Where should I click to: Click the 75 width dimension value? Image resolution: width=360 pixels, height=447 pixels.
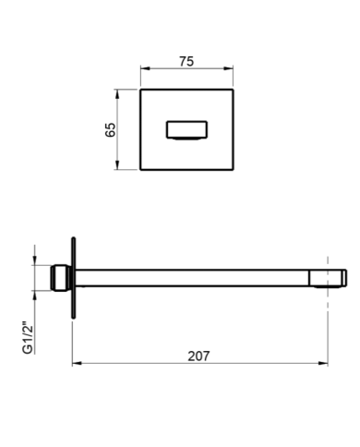[x=186, y=61]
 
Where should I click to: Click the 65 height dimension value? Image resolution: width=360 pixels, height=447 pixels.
[x=110, y=129]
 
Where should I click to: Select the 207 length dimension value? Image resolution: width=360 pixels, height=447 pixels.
[x=198, y=356]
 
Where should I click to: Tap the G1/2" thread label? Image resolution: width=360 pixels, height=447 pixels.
[x=28, y=338]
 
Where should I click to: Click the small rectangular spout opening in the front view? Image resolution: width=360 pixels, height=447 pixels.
[x=186, y=130]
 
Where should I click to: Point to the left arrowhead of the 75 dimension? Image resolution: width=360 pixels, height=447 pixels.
[x=145, y=68]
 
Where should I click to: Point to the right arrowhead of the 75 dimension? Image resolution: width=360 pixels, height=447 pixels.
[x=228, y=68]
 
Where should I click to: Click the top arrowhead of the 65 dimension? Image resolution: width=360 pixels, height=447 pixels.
[x=117, y=94]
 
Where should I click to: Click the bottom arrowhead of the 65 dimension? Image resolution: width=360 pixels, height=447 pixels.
[x=117, y=164]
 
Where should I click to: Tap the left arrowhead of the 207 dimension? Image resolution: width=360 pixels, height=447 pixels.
[x=77, y=363]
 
